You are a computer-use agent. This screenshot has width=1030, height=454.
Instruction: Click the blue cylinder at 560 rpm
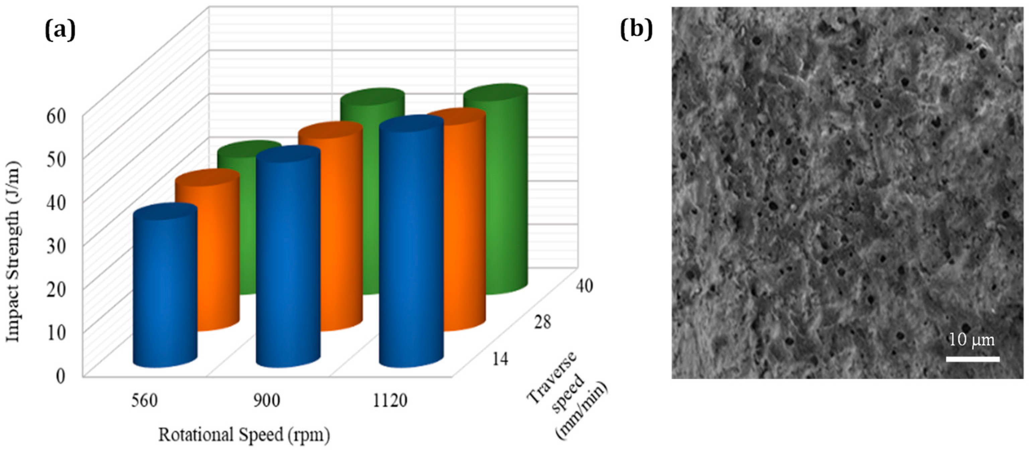[x=165, y=288]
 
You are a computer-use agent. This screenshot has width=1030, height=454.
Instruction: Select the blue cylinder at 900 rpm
[x=288, y=260]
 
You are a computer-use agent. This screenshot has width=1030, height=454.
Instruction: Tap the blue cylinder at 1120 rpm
[x=411, y=244]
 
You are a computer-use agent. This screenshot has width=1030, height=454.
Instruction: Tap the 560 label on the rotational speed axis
[x=145, y=400]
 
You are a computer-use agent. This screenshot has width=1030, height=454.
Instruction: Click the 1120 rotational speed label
[x=390, y=400]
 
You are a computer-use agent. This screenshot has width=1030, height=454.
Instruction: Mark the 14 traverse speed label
[x=500, y=359]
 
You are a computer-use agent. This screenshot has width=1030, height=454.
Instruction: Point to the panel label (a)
[x=60, y=31]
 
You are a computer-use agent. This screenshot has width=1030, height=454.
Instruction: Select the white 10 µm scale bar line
[x=972, y=359]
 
